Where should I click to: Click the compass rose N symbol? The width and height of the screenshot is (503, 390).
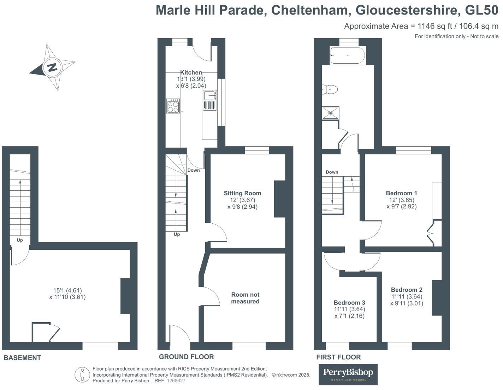pos(52,67)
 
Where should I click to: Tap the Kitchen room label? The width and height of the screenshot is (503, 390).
pos(191,72)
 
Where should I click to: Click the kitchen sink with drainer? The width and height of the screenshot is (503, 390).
pos(210,100)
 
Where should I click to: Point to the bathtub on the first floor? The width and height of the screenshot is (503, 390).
pos(348,55)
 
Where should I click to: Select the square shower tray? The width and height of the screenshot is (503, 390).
pos(331,113)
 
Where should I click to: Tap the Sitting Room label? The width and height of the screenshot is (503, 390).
pos(242,193)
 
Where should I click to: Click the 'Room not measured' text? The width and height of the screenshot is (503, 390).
pos(245,298)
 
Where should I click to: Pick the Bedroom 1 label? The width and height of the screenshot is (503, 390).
pos(401,193)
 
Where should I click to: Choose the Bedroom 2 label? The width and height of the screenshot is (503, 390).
pos(407,290)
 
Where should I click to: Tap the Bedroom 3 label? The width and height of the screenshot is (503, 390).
pos(349,303)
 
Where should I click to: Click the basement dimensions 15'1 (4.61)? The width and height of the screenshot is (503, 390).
pos(67,290)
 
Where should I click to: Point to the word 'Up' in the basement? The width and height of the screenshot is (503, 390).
pos(20,240)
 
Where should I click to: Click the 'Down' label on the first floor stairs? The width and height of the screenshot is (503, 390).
pos(332,172)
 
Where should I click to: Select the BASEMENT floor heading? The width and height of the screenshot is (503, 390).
pos(22,358)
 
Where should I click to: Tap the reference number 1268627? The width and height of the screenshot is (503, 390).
pos(176,381)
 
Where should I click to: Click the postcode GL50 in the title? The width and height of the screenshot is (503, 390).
pos(481,10)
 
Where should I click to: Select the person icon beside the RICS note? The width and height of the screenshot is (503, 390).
pos(82,374)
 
